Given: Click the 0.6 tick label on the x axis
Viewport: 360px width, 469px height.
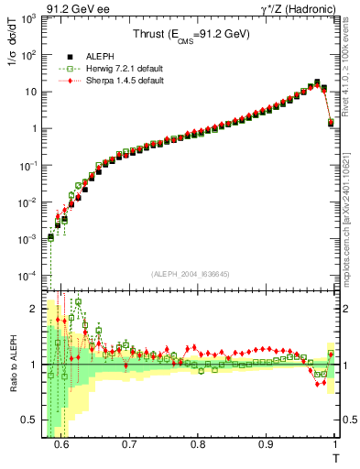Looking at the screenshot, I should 61,445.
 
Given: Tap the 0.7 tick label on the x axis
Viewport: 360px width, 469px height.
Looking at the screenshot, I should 129,445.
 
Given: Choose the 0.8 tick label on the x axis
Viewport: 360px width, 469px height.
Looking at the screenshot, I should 197,445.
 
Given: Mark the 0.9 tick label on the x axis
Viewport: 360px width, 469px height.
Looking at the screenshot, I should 266,445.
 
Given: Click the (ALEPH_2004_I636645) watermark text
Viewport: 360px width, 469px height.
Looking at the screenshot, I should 191,275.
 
